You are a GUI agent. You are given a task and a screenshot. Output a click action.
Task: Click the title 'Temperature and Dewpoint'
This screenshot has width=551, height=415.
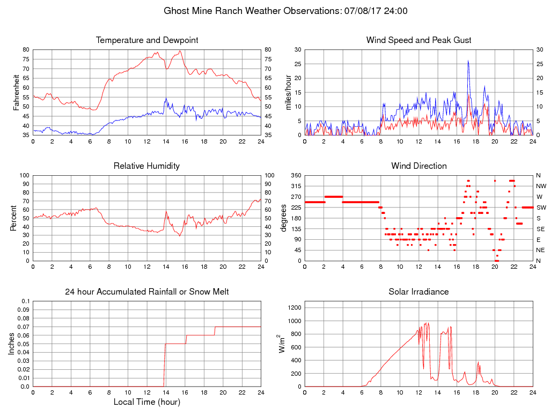click(x=146, y=40)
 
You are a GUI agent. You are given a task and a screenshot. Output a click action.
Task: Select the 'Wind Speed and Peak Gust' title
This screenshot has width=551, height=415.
click(x=418, y=40)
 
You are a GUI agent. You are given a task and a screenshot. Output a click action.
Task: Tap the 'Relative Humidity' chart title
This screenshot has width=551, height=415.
click(x=146, y=166)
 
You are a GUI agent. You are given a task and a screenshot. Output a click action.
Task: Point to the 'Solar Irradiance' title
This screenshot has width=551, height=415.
click(x=418, y=292)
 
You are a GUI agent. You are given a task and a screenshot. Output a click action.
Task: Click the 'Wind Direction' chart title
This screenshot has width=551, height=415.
click(x=418, y=166)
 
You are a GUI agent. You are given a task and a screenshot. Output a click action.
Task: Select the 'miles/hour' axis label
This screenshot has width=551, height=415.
click(x=288, y=92)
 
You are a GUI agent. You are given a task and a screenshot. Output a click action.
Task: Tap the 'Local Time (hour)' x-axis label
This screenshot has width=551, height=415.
click(x=146, y=402)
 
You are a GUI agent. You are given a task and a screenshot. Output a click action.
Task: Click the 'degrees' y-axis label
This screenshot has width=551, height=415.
click(x=283, y=218)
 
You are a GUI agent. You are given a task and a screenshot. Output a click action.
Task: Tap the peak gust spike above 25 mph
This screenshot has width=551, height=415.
click(x=468, y=61)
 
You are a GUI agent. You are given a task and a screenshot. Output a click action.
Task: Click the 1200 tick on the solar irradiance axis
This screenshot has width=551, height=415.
click(x=294, y=308)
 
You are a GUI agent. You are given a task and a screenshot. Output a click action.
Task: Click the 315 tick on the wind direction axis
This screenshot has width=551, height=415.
click(x=296, y=186)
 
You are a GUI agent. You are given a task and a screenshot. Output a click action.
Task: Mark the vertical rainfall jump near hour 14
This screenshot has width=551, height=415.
click(x=164, y=366)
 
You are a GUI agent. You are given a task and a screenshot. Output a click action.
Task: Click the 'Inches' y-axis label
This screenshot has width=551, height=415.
click(x=12, y=344)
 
